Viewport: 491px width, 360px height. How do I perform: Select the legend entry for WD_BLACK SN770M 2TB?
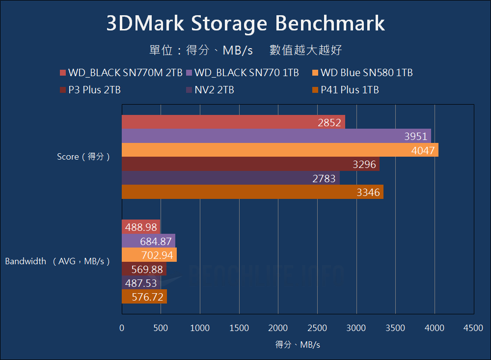[121, 73]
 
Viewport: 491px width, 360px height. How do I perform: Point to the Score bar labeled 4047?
[280, 150]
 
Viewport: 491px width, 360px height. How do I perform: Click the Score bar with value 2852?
[233, 122]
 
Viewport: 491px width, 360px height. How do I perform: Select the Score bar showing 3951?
[276, 136]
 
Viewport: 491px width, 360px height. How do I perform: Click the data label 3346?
[368, 193]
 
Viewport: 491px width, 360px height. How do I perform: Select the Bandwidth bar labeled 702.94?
[149, 255]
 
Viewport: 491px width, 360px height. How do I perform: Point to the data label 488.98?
[141, 227]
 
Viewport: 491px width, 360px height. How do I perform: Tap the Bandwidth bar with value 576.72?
[144, 297]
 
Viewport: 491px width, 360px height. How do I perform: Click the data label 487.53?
[141, 283]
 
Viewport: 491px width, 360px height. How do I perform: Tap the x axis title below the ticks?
[298, 345]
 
